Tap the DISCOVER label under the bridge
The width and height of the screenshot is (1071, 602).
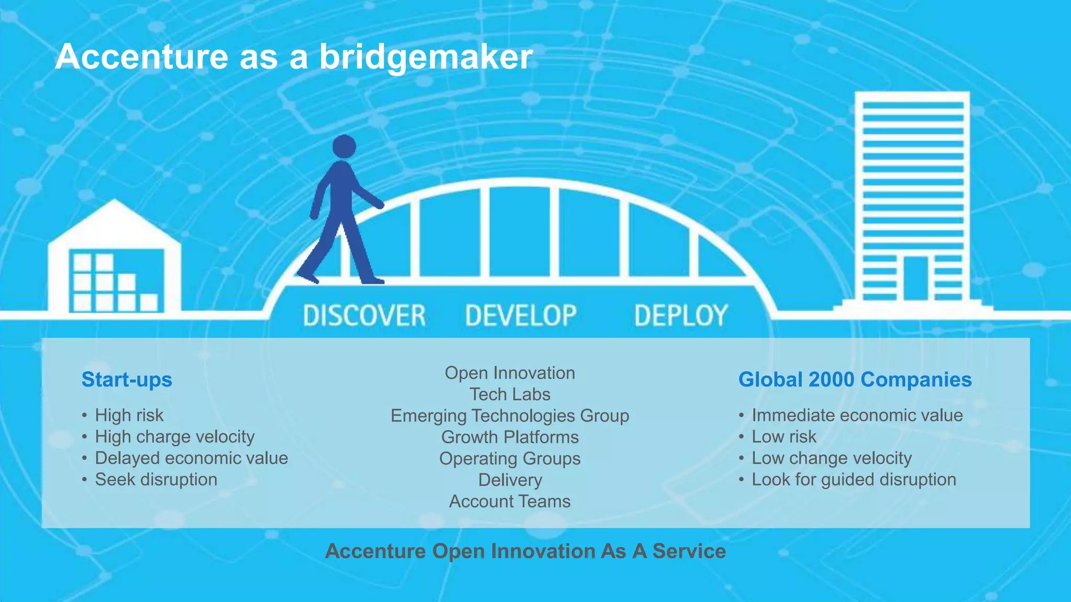click(364, 316)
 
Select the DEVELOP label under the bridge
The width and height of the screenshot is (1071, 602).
click(521, 316)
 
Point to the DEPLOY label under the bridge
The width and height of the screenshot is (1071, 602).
click(680, 316)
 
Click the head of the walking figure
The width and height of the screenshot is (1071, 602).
click(344, 146)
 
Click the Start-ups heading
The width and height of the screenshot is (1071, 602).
click(127, 379)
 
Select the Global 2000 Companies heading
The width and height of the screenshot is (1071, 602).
click(854, 379)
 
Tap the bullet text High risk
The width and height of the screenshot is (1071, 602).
click(129, 415)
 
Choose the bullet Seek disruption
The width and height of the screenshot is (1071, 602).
click(156, 480)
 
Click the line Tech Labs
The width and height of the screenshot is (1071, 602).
click(510, 395)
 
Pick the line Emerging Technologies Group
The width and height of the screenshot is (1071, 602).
click(510, 416)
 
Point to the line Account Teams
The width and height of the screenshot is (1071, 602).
click(510, 502)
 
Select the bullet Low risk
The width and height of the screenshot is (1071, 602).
click(783, 437)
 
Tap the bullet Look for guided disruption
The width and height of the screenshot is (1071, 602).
click(853, 480)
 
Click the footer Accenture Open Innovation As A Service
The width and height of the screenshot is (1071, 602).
click(525, 551)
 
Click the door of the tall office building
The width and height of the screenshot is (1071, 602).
click(915, 278)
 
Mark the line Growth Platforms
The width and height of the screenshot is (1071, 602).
click(510, 437)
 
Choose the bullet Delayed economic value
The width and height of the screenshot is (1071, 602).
click(191, 458)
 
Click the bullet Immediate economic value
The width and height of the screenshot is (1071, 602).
click(857, 415)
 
